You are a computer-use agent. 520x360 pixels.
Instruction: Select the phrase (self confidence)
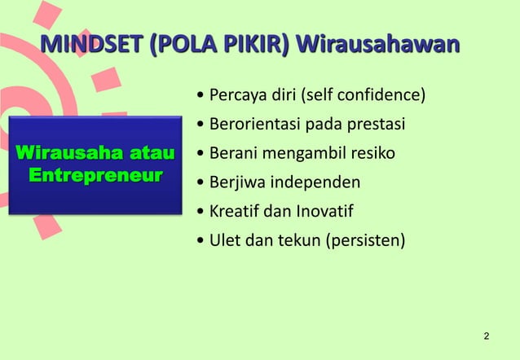point(364,98)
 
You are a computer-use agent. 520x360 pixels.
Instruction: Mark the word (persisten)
point(366,241)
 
